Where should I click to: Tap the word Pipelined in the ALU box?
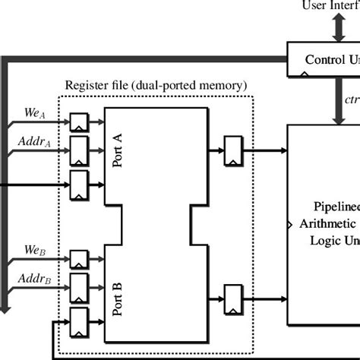tap(336, 206)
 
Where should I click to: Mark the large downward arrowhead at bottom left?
tap(5, 305)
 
